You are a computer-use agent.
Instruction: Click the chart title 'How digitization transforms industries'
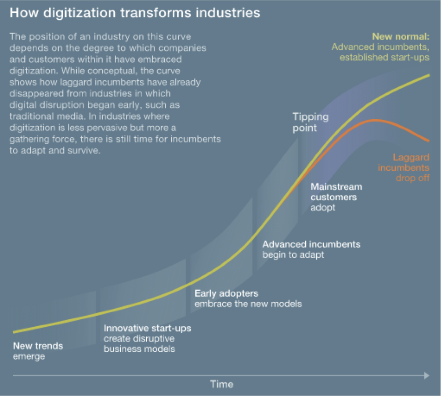[135, 13]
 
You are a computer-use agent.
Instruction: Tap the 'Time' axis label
[221, 385]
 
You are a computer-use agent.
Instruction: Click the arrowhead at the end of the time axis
[427, 375]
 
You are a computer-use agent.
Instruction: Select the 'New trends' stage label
[38, 346]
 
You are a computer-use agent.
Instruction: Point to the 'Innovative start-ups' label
[148, 328]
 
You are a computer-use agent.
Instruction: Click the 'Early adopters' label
[226, 293]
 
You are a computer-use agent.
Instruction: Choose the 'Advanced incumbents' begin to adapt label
[311, 244]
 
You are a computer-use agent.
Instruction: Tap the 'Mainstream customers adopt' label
[336, 197]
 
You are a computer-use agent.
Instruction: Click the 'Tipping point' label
[311, 122]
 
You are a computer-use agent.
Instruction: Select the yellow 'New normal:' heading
[401, 36]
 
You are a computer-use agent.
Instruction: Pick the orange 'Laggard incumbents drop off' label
[404, 168]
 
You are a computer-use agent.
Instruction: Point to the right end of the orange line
[429, 141]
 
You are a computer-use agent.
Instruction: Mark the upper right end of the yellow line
[429, 75]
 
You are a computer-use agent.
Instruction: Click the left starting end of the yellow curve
[14, 332]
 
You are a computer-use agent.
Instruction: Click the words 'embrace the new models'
[248, 303]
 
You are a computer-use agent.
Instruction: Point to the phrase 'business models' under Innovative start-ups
[139, 349]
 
